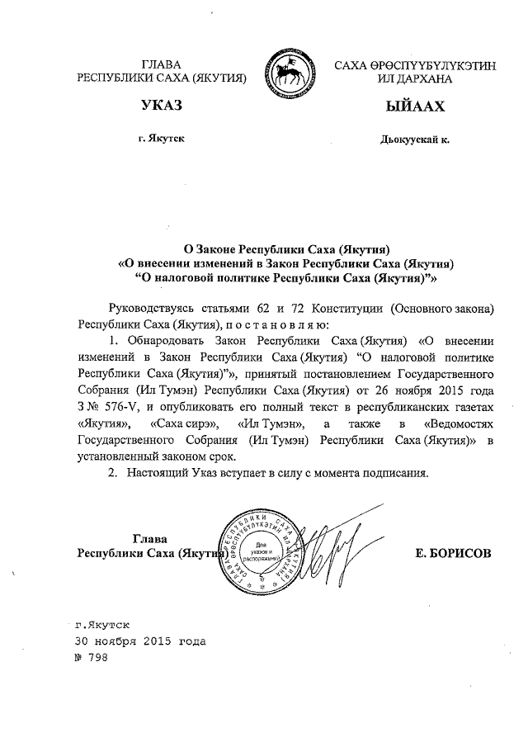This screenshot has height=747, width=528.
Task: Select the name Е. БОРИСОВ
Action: point(454,554)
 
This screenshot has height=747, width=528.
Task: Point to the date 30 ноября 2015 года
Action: point(139,641)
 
